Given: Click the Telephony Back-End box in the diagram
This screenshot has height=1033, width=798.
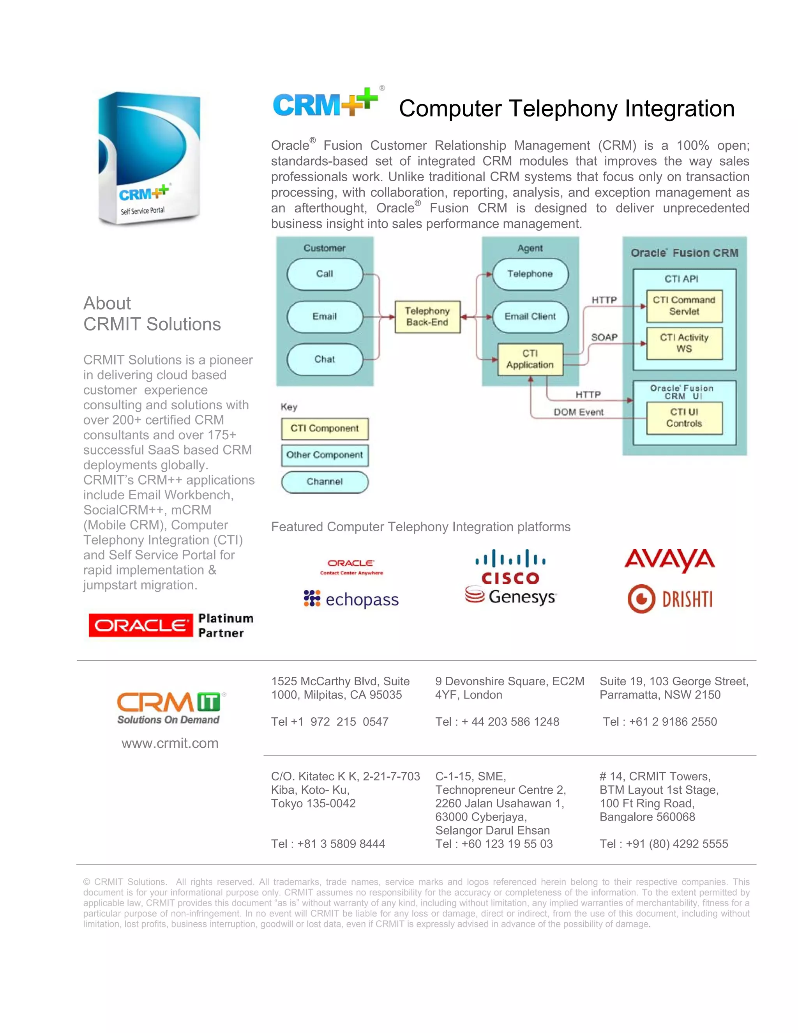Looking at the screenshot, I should tap(427, 317).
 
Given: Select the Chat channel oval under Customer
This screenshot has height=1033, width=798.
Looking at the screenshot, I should tap(325, 359).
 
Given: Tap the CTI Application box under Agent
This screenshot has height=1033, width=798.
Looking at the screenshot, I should tap(530, 359).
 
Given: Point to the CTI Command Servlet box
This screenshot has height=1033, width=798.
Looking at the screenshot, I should tap(684, 306).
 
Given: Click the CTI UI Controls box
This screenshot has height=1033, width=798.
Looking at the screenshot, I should tap(684, 417).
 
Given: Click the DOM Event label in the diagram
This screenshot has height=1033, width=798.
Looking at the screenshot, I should tap(579, 412).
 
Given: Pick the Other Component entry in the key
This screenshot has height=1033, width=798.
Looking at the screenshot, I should tap(325, 455).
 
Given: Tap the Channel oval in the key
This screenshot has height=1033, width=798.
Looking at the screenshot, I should tap(325, 482).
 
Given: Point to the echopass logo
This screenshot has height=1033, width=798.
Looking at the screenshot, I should tap(351, 599).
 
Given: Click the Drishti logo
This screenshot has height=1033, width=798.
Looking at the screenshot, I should tap(670, 599).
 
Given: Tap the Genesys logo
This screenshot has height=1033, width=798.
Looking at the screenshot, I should tap(510, 596).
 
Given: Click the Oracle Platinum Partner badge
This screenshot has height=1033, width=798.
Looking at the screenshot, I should tap(171, 625).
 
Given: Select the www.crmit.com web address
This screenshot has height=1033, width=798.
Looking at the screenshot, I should tap(170, 743).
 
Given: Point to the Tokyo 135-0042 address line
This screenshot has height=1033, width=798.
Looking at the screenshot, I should tap(313, 803).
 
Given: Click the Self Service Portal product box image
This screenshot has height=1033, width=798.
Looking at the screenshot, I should tap(149, 158).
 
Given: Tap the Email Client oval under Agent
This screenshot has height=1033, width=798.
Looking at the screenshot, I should tap(530, 317).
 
